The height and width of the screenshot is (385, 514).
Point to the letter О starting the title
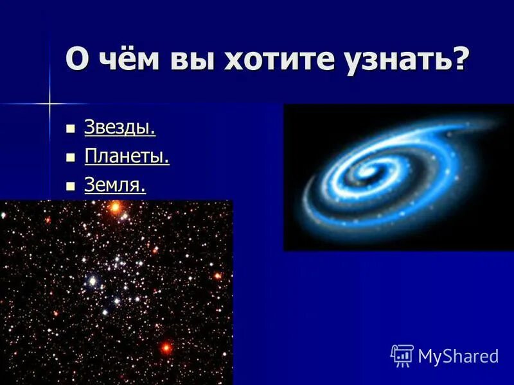(76, 62)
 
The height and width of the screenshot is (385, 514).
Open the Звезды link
(120, 128)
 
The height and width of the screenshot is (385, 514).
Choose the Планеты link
(127, 157)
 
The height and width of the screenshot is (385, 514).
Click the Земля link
(115, 185)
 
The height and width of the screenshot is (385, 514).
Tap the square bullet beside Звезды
(71, 128)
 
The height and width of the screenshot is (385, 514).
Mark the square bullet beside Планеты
(71, 157)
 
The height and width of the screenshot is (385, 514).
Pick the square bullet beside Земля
(71, 186)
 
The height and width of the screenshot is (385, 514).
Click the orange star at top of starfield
(115, 207)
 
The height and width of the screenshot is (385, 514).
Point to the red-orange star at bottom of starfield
(166, 348)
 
